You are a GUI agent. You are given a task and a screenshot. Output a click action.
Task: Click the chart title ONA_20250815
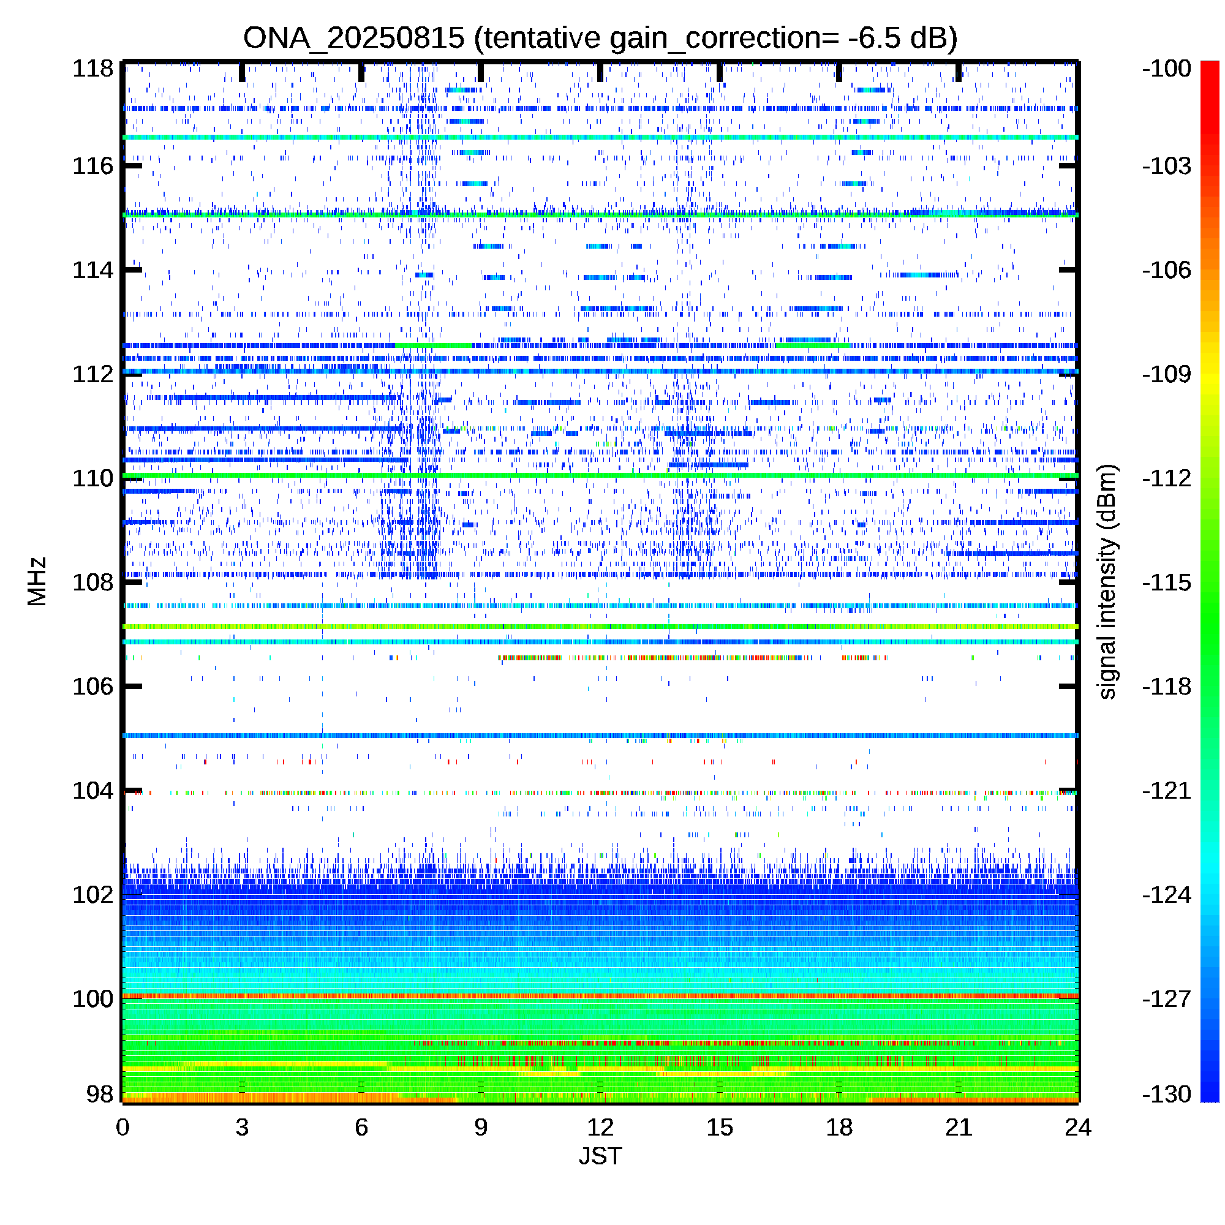pyautogui.click(x=354, y=39)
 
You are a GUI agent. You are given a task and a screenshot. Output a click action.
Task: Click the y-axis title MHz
pyautogui.click(x=37, y=581)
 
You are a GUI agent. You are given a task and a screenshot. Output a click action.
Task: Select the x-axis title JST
pyautogui.click(x=600, y=1156)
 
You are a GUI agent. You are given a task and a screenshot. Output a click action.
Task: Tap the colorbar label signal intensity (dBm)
pyautogui.click(x=1107, y=582)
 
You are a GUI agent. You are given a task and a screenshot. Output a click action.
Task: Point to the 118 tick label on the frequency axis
pyautogui.click(x=92, y=69)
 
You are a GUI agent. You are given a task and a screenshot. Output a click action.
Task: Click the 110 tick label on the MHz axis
pyautogui.click(x=92, y=478)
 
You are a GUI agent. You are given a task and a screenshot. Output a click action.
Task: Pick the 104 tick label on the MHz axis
pyautogui.click(x=92, y=791)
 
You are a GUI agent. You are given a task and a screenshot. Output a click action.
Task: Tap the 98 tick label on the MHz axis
pyautogui.click(x=100, y=1094)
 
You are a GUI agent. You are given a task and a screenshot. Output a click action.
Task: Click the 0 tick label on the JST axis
pyautogui.click(x=123, y=1128)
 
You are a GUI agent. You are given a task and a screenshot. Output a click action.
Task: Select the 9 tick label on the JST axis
pyautogui.click(x=481, y=1128)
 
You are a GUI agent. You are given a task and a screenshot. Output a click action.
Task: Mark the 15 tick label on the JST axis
pyautogui.click(x=720, y=1128)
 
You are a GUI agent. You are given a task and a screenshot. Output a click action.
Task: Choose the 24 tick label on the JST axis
pyautogui.click(x=1078, y=1128)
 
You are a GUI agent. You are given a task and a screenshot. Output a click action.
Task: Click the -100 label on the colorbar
pyautogui.click(x=1167, y=69)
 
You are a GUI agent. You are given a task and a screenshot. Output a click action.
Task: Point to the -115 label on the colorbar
pyautogui.click(x=1167, y=582)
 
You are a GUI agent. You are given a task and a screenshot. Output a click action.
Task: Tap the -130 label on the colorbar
pyautogui.click(x=1167, y=1094)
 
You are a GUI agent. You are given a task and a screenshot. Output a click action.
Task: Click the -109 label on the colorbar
pyautogui.click(x=1167, y=374)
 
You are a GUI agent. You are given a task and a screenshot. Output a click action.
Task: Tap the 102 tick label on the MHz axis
pyautogui.click(x=92, y=895)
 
